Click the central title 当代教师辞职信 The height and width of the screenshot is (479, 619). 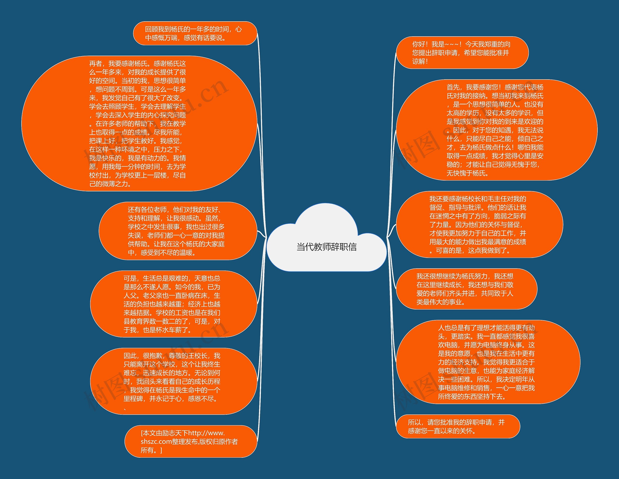(x=326, y=247)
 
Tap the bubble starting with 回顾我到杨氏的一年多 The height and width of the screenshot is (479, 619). (x=195, y=33)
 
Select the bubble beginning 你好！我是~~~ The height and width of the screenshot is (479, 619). (x=462, y=53)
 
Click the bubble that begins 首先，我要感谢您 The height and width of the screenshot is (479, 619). (x=496, y=130)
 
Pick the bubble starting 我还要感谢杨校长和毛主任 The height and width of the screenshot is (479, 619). (x=479, y=225)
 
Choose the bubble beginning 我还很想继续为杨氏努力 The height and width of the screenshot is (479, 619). (x=466, y=289)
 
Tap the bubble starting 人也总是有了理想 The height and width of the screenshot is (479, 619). (x=487, y=362)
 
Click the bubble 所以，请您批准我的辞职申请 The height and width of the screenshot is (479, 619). (x=458, y=427)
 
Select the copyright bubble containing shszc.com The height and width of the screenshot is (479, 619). (x=191, y=441)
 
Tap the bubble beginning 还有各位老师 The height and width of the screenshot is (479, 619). (x=177, y=231)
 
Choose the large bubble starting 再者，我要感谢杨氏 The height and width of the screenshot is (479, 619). (x=139, y=123)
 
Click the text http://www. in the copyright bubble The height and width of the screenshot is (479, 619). (x=206, y=433)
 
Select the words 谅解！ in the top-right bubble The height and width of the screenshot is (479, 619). (x=420, y=61)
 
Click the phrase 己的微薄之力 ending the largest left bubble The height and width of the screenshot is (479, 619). (x=111, y=184)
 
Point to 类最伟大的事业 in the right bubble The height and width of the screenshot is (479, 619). (x=441, y=302)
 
